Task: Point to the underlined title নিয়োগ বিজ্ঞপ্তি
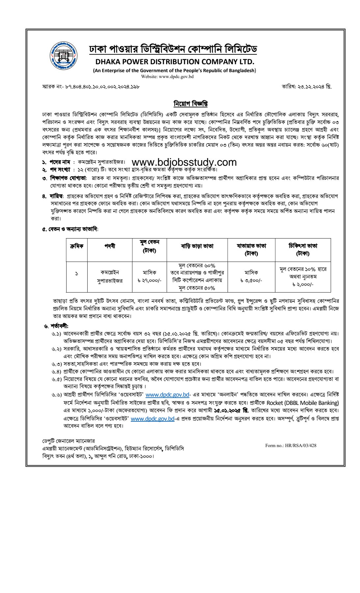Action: point(191,104)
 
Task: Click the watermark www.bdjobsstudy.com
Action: point(184,162)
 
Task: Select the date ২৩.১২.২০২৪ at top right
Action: point(307,87)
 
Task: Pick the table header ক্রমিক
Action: point(77,246)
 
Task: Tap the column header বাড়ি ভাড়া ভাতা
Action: point(197,246)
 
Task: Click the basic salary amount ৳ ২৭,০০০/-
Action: point(149,280)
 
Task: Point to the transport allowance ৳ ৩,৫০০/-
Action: point(251,280)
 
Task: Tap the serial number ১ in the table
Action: point(77,273)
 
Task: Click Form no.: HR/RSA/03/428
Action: point(291,445)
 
